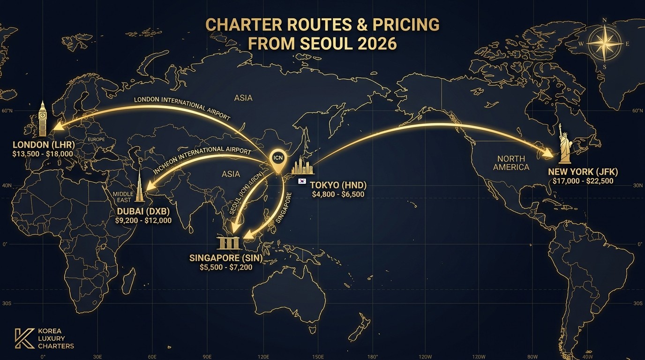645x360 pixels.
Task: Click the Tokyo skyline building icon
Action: click(x=302, y=166)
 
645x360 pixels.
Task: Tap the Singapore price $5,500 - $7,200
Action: click(x=226, y=267)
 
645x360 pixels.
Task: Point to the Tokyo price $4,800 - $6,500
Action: click(x=337, y=194)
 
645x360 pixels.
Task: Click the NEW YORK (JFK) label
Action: click(x=583, y=172)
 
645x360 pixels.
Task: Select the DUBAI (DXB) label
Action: click(x=143, y=211)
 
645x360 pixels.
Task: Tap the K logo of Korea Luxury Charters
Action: click(x=21, y=338)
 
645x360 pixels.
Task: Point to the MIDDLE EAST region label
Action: click(x=123, y=197)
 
